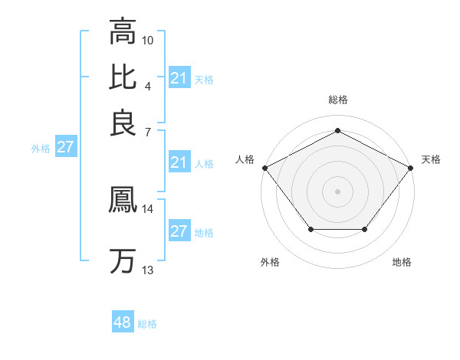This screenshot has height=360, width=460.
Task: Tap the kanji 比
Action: pyautogui.click(x=123, y=77)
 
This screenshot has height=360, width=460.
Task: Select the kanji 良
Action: pyautogui.click(x=123, y=123)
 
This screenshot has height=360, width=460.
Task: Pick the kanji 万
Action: pyautogui.click(x=123, y=261)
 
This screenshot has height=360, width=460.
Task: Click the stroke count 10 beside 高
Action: pyautogui.click(x=148, y=40)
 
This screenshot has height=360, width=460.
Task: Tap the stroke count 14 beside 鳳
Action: pyautogui.click(x=148, y=208)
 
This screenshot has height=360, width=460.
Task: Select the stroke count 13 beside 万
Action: pyautogui.click(x=148, y=270)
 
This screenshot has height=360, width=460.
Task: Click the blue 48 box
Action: pyautogui.click(x=122, y=323)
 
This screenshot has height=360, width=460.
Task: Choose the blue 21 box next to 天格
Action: pyautogui.click(x=179, y=78)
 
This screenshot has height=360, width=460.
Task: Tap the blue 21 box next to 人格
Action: pyautogui.click(x=179, y=162)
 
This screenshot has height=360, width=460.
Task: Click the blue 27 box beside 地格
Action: pyautogui.click(x=179, y=231)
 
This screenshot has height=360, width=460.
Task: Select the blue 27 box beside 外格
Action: pyautogui.click(x=65, y=148)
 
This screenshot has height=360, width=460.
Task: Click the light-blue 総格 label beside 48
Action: pyautogui.click(x=147, y=324)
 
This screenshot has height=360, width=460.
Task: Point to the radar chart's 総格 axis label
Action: pyautogui.click(x=337, y=100)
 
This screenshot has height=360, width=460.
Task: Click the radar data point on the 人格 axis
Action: pyautogui.click(x=264, y=167)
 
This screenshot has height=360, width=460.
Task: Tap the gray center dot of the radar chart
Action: pyautogui.click(x=337, y=191)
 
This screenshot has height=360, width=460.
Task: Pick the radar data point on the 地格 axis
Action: pyautogui.click(x=365, y=229)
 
